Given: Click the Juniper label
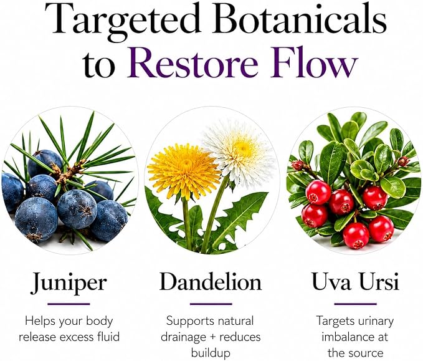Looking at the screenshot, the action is click(69, 283).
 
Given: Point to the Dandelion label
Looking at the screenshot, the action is click(211, 282).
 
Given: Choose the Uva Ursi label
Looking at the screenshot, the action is click(355, 282).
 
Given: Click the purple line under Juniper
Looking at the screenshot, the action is click(69, 304).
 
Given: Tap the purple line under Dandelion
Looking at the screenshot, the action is click(211, 304).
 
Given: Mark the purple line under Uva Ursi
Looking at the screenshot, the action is click(355, 304).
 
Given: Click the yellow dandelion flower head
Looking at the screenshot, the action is click(184, 170).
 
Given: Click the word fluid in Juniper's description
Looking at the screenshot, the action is click(109, 337).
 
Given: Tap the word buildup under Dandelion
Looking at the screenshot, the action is click(211, 353).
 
